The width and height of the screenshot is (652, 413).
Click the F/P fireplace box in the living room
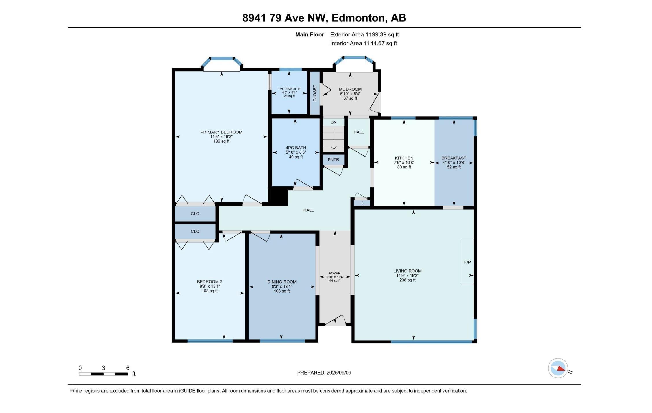click(x=467, y=262)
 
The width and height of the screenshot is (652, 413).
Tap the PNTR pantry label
click(x=333, y=160)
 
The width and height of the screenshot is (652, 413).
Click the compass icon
click(x=558, y=368)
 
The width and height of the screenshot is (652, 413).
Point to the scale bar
click(x=103, y=374)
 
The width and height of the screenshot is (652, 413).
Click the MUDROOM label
click(x=350, y=89)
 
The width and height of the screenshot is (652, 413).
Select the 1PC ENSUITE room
click(x=289, y=92)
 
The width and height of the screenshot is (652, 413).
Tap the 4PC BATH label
click(x=296, y=148)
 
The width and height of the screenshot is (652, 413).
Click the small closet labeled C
click(x=362, y=203)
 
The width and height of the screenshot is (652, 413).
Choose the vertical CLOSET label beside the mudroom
click(x=315, y=93)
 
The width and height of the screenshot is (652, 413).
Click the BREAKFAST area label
click(x=453, y=158)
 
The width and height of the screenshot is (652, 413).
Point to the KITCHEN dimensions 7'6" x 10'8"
click(x=404, y=163)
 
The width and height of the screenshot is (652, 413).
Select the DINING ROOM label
click(x=282, y=282)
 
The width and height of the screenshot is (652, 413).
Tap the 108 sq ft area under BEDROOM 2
click(x=210, y=291)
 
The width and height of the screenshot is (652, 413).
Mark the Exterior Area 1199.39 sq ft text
click(x=364, y=34)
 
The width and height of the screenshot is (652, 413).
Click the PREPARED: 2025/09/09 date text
click(x=324, y=373)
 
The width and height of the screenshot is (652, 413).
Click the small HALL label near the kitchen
click(x=358, y=132)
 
